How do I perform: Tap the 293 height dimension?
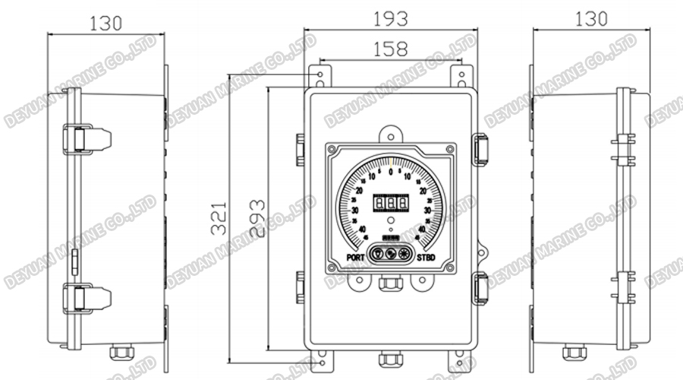point(258,219)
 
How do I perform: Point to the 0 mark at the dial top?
point(390,173)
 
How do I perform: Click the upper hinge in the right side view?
point(623,149)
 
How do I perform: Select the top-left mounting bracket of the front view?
point(319,77)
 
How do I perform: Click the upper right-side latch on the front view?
point(480,148)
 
